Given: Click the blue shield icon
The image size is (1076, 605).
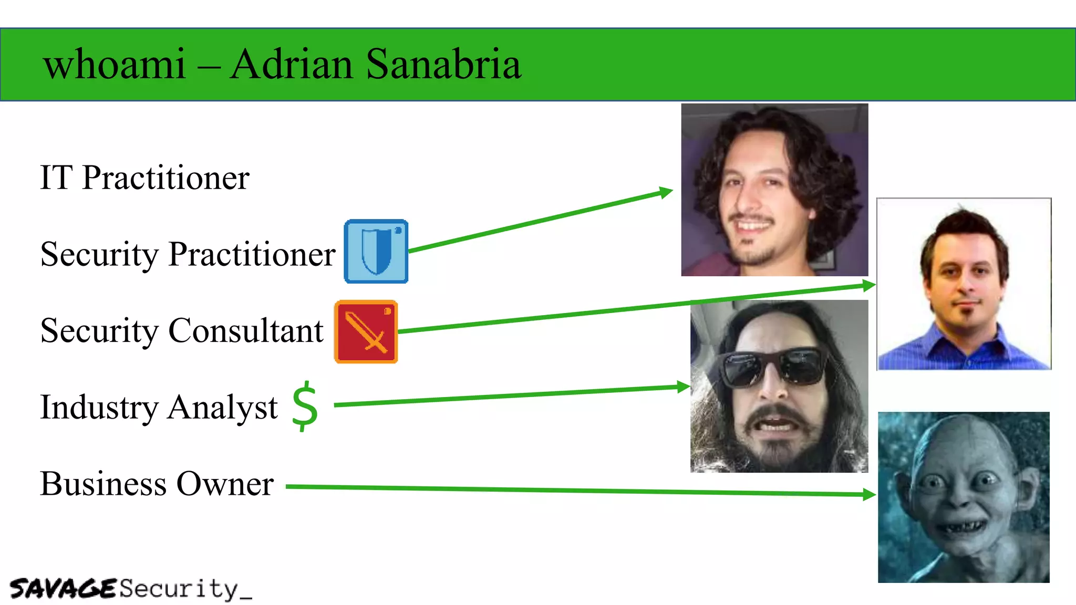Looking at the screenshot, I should [376, 252].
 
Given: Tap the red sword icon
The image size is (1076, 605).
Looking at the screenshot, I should [366, 332].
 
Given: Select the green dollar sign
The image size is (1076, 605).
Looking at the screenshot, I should [305, 406].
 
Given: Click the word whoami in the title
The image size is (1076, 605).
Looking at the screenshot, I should [115, 64].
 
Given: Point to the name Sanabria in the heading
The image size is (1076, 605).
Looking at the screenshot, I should [443, 64].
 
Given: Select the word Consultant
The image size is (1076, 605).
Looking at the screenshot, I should [245, 331].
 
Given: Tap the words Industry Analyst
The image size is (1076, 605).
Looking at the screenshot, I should [159, 408].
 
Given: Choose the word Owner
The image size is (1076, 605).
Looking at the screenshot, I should [225, 484].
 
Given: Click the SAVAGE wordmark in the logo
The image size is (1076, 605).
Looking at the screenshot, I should [63, 589].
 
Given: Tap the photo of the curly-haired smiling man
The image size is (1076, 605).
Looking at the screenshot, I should [774, 190].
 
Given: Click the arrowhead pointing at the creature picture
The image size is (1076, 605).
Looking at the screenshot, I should [870, 494].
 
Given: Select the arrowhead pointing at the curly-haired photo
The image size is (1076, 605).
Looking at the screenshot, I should [666, 192].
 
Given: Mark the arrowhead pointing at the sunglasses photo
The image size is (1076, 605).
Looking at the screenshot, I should [684, 388].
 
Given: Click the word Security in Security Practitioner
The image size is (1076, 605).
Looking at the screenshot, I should [99, 254].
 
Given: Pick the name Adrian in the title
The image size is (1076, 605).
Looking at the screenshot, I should [292, 64].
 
